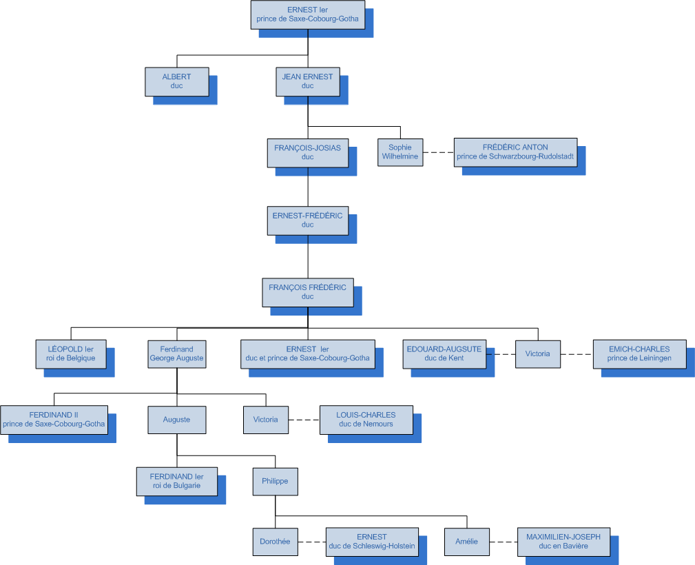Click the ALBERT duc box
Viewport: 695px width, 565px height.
tap(176, 81)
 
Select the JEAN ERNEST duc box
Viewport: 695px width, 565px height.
tap(307, 81)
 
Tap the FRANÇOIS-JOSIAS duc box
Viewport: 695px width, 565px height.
tap(307, 152)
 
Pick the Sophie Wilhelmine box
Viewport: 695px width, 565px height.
tap(400, 152)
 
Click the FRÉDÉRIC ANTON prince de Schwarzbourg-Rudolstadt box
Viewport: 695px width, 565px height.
tap(515, 152)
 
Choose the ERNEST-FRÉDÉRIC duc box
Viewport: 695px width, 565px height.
tap(307, 220)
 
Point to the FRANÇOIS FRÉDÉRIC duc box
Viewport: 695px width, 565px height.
tap(307, 292)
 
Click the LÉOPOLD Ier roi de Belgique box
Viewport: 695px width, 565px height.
tap(70, 353)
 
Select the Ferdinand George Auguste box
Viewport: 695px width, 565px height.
tap(176, 353)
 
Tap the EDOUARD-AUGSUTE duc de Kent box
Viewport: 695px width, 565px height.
tap(444, 353)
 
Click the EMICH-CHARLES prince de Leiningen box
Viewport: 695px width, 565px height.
tap(639, 353)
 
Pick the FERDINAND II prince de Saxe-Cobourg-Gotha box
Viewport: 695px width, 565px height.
tap(54, 420)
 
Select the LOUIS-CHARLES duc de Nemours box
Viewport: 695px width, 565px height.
tap(366, 420)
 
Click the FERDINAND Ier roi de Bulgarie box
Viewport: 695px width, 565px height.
tap(176, 481)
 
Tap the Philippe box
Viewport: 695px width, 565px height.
tap(275, 481)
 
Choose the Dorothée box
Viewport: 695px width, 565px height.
tap(275, 542)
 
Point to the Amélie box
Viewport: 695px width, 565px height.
tap(466, 542)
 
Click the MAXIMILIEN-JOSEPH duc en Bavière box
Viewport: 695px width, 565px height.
tap(563, 542)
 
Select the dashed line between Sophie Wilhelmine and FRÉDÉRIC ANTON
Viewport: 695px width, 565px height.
tap(438, 152)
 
